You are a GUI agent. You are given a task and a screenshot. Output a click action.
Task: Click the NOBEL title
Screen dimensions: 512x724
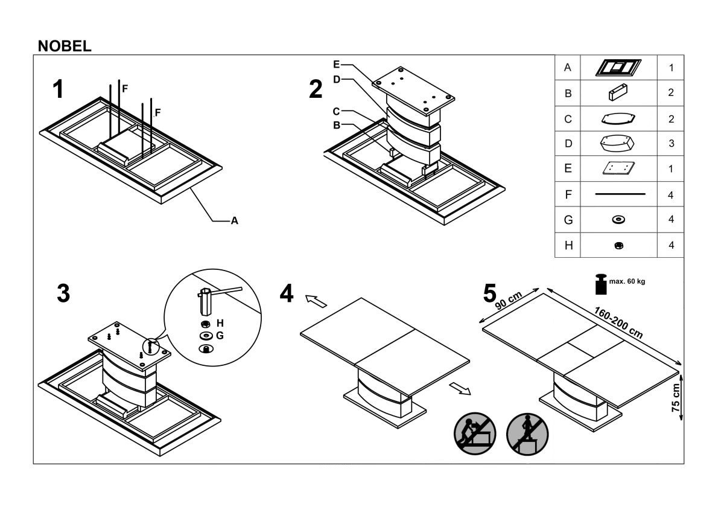coord(65,46)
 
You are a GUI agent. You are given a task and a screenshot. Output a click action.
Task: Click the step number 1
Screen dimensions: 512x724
coord(58,90)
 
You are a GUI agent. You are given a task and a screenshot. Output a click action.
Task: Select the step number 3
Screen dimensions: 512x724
coord(63,294)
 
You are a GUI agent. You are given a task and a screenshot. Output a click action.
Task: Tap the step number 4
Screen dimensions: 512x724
coord(287,294)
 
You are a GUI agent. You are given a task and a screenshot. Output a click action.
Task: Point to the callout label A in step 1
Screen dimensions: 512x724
coord(235,222)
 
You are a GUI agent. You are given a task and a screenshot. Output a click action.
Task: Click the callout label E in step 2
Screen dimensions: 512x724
coord(336,63)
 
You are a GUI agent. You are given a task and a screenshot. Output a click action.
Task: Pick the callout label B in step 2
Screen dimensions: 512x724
coord(336,126)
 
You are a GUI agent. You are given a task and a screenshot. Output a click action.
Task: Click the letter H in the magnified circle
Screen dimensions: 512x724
coord(220,323)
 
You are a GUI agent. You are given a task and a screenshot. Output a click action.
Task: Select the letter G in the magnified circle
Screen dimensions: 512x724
coord(220,335)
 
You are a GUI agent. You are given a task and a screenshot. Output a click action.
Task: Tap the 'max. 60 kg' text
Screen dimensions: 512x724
coord(627,282)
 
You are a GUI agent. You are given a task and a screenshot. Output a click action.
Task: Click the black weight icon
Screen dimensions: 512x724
coord(601,284)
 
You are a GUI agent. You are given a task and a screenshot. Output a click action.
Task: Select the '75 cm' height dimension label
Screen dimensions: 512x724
coord(676,398)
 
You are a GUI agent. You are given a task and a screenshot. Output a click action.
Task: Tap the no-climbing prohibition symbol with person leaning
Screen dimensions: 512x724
coord(474,432)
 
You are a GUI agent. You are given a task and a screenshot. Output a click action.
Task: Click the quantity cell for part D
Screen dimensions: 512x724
coord(671,144)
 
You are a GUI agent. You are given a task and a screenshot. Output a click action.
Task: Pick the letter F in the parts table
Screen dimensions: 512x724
coord(567,195)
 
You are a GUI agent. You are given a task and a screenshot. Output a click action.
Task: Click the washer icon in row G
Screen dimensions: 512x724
coord(618,220)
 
